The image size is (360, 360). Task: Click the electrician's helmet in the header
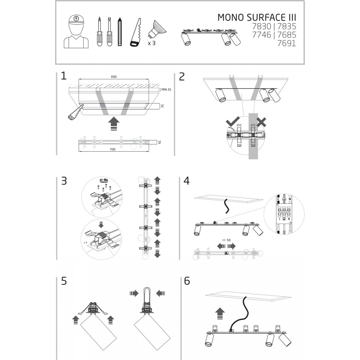76,19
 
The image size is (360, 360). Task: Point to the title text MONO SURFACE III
257,18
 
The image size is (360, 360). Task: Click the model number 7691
287,43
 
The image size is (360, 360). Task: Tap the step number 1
64,76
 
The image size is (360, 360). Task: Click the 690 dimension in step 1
114,77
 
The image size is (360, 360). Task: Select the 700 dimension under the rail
112,149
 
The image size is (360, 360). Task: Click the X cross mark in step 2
261,122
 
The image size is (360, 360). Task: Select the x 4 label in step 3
86,243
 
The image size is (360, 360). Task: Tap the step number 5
64,281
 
